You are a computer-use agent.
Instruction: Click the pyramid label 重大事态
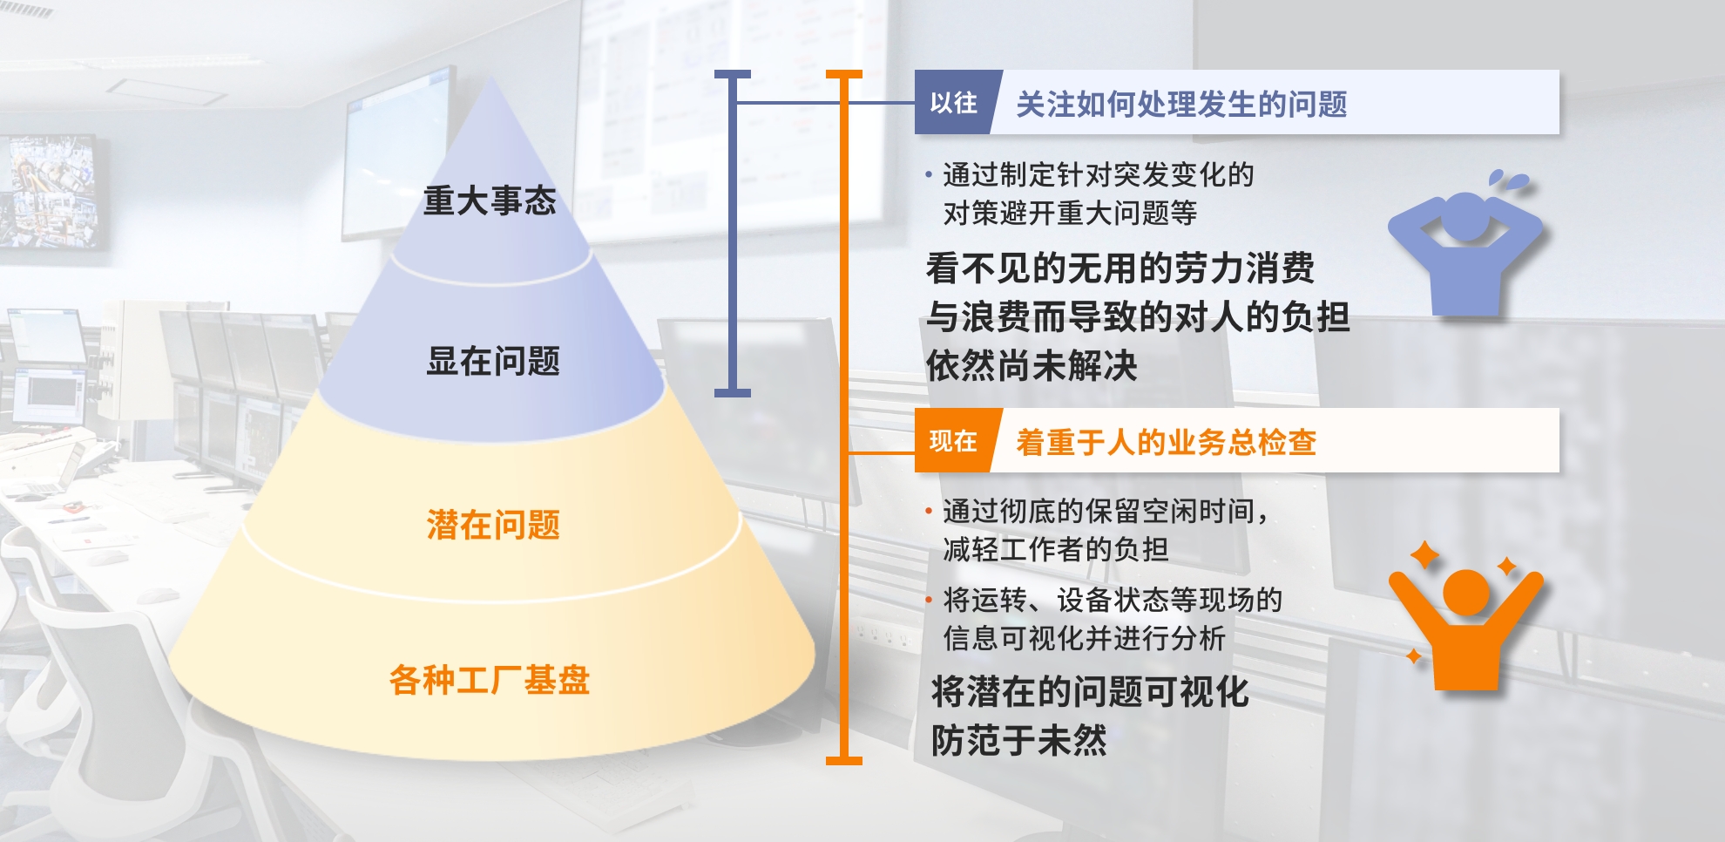click(x=490, y=200)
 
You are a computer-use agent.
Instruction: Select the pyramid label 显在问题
click(x=493, y=361)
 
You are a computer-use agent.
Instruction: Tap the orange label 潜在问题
click(x=493, y=525)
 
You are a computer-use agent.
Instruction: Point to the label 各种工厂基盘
click(x=490, y=680)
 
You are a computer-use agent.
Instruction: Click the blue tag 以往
click(x=953, y=103)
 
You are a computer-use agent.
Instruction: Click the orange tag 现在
click(x=953, y=441)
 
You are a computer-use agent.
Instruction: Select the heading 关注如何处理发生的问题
click(x=1181, y=105)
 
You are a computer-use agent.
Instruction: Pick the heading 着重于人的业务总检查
click(x=1166, y=443)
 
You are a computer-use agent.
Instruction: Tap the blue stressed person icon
click(x=1465, y=253)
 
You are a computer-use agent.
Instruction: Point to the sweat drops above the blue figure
click(x=1509, y=180)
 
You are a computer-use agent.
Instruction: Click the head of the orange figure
click(x=1466, y=593)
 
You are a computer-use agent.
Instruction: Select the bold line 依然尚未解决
click(x=1032, y=366)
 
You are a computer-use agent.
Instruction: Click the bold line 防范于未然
click(x=1018, y=741)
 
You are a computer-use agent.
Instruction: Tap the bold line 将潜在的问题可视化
click(x=1090, y=692)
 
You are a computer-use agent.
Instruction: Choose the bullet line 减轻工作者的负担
click(x=1056, y=549)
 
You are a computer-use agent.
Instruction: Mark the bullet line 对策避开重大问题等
click(x=1070, y=213)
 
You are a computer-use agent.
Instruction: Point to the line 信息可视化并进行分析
click(x=1084, y=638)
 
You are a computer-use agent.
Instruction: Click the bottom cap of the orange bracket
click(x=843, y=761)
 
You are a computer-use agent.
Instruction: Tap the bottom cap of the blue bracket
click(x=732, y=393)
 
